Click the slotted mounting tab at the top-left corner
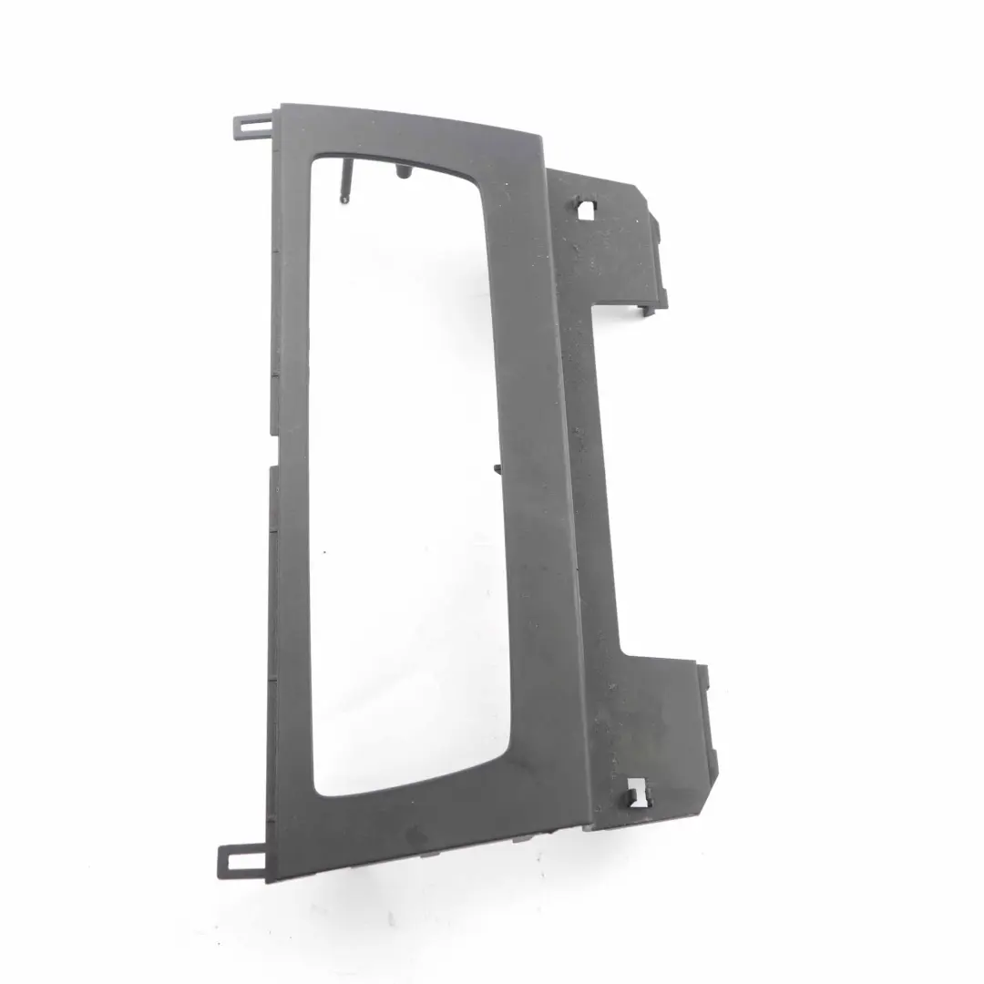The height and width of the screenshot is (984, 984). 251,124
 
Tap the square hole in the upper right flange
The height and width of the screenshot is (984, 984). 585,210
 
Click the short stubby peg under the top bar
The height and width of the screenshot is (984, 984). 402,171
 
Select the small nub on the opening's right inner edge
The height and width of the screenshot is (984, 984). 498,470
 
